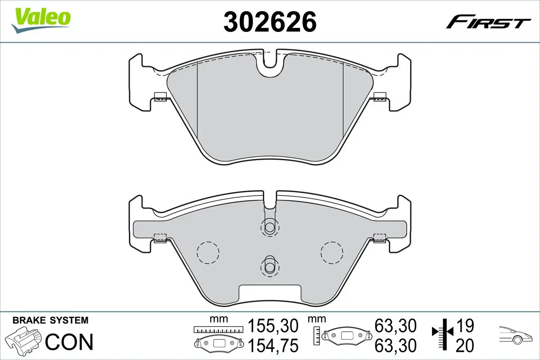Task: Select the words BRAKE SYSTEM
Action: (x=50, y=320)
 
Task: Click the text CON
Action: (x=69, y=342)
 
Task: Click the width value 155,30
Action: (x=273, y=325)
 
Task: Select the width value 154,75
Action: (x=273, y=346)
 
